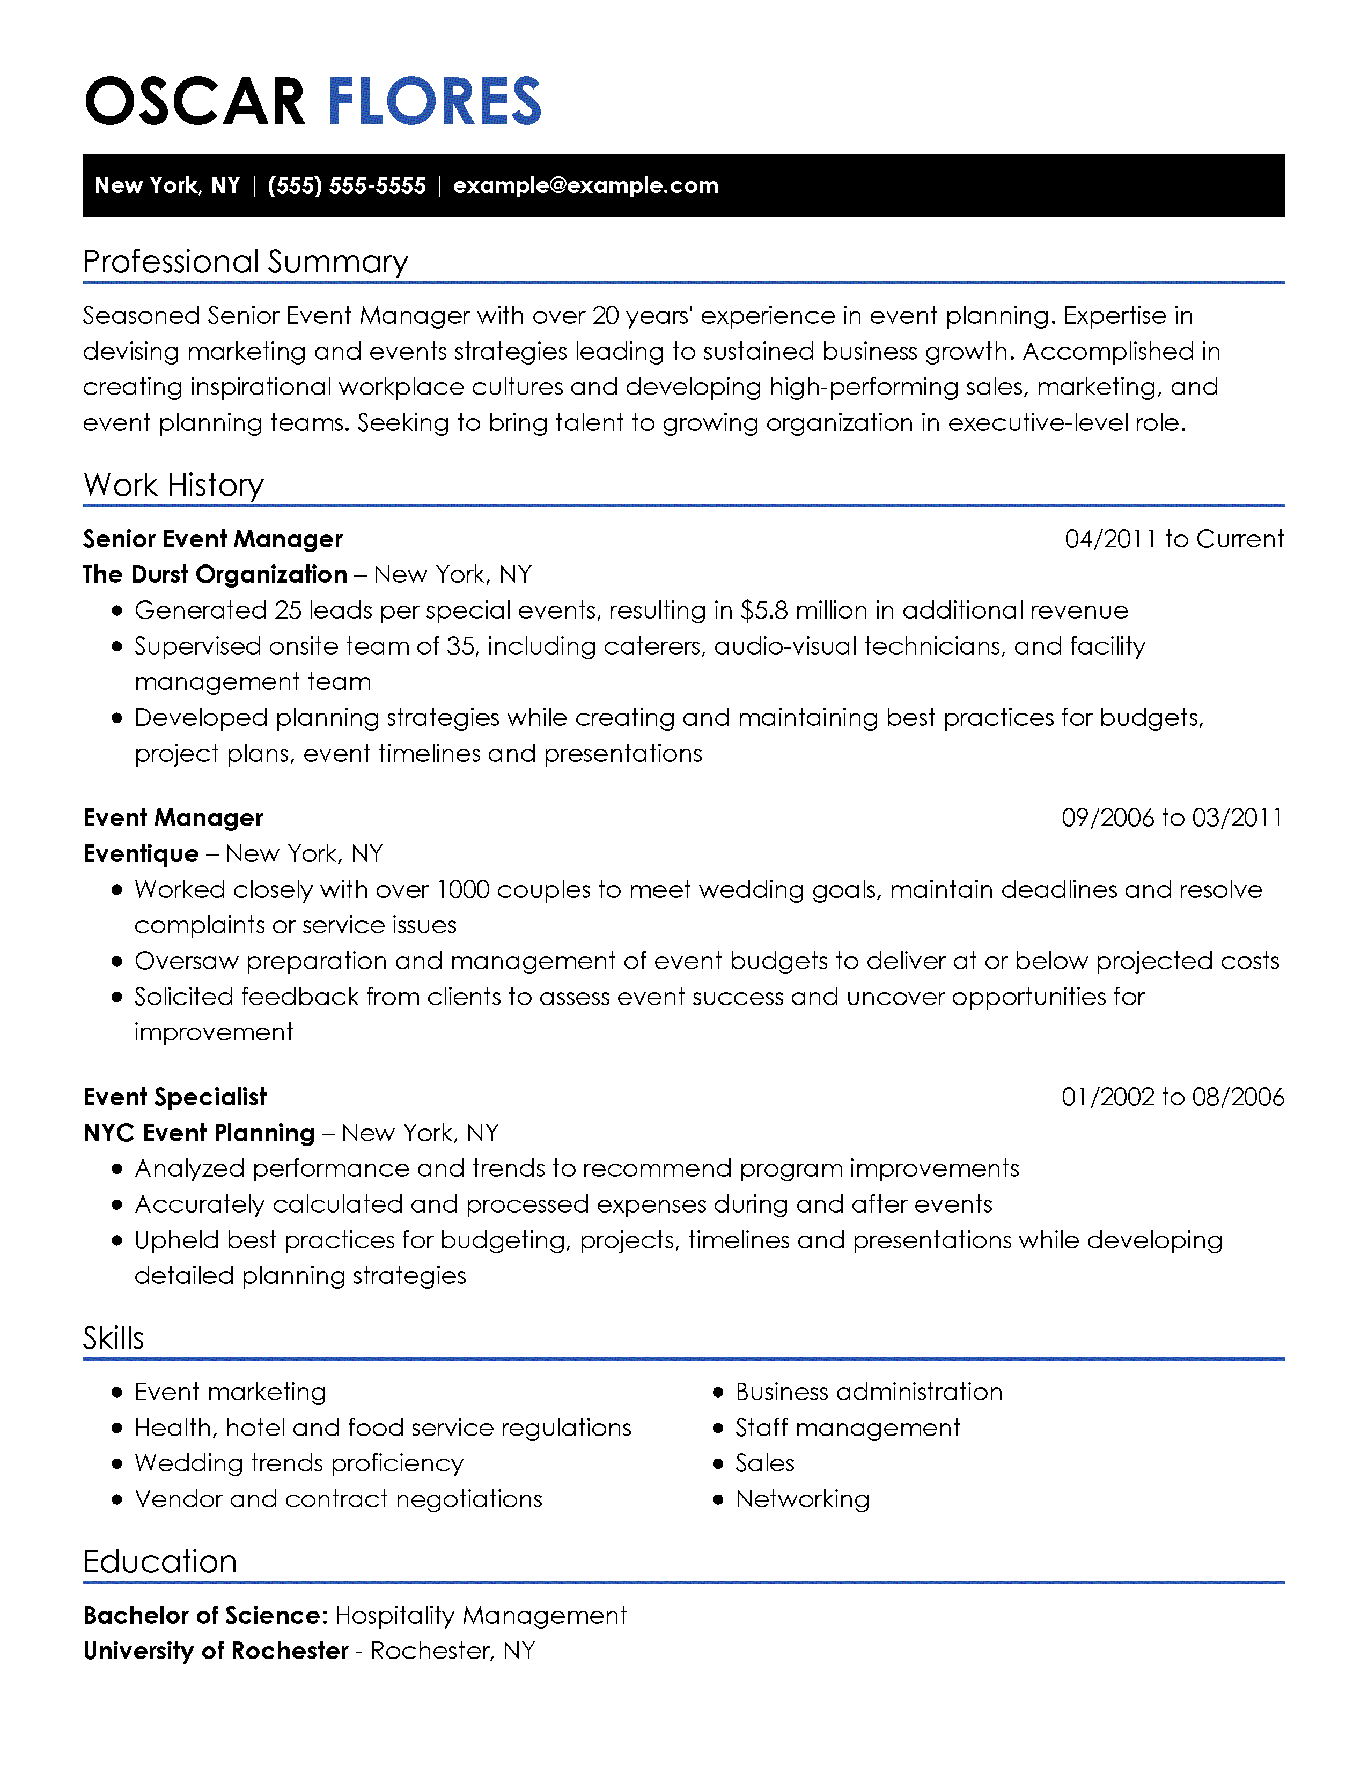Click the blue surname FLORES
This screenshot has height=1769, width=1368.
(x=433, y=101)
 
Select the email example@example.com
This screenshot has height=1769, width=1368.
(x=585, y=185)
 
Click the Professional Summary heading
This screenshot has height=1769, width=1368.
(x=246, y=262)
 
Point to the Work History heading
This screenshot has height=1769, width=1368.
(x=173, y=485)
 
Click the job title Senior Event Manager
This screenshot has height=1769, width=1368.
(x=212, y=539)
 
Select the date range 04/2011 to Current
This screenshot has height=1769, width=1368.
(x=1173, y=539)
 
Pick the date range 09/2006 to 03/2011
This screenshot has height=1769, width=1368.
(x=1172, y=817)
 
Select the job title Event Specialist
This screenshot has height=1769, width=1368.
(x=175, y=1097)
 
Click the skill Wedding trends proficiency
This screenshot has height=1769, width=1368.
(x=299, y=1463)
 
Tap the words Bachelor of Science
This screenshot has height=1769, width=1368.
(x=205, y=1615)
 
